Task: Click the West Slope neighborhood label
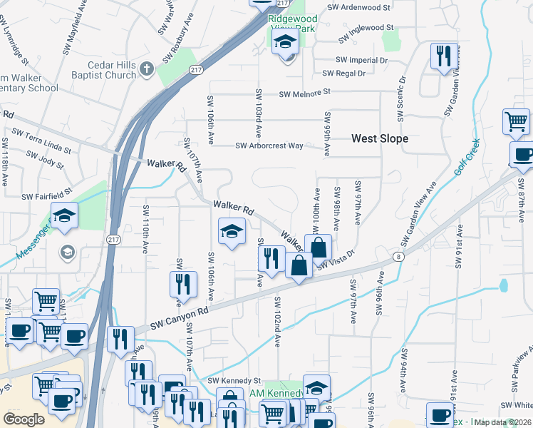click(x=380, y=138)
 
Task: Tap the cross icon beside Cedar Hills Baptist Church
click(x=147, y=69)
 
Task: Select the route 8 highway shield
click(x=398, y=256)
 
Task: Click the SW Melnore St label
click(x=305, y=93)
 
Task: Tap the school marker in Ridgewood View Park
click(x=285, y=41)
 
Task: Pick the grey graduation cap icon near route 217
click(x=67, y=251)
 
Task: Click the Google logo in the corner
click(x=24, y=419)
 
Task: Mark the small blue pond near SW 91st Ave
click(x=504, y=286)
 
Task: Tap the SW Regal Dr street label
click(x=343, y=73)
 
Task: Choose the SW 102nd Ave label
click(x=276, y=322)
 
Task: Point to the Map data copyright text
click(x=503, y=422)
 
